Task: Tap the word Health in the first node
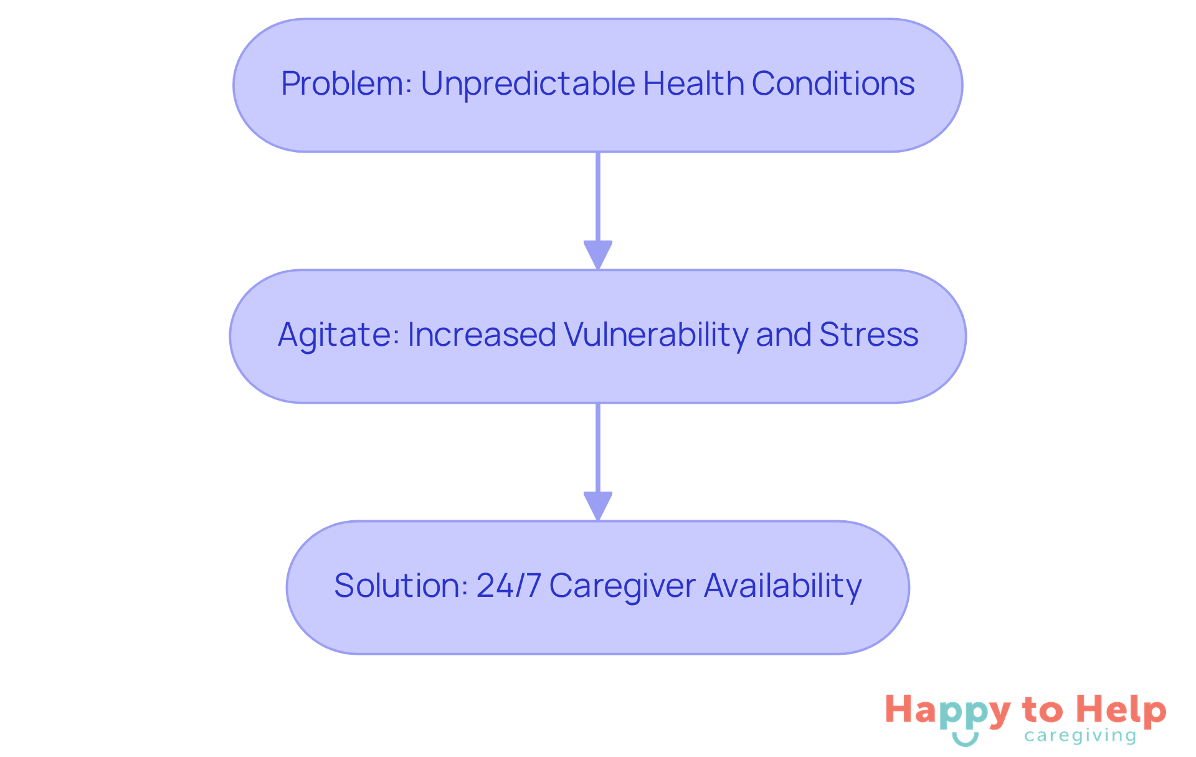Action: pos(693,84)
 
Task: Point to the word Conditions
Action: pos(833,84)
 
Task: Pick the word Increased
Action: pos(482,335)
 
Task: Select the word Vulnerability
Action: pos(657,335)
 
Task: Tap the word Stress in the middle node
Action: pos(868,335)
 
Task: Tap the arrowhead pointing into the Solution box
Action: pos(598,505)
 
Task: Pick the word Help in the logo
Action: pos(1121,710)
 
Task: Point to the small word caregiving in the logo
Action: pos(1080,736)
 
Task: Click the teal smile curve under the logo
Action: pos(965,740)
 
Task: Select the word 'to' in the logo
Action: pos(1042,710)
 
